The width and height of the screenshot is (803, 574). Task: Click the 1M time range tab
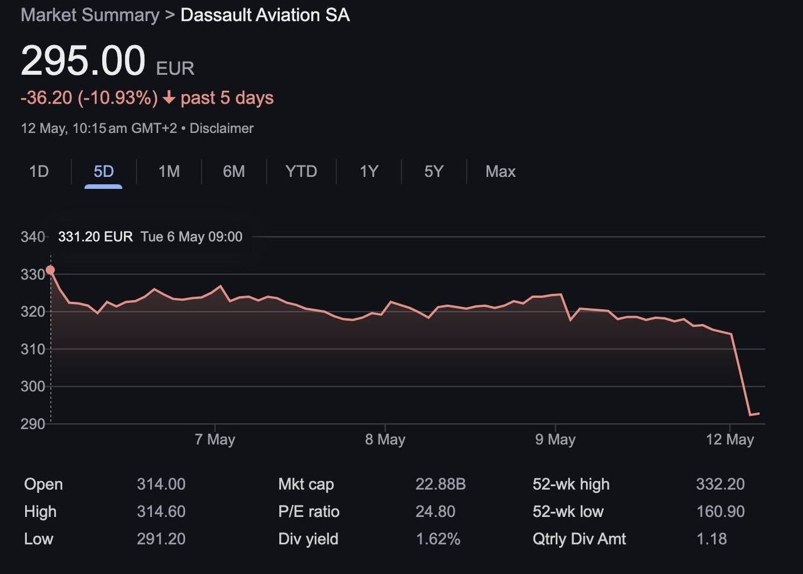tap(169, 171)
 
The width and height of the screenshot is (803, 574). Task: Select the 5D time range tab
tap(104, 171)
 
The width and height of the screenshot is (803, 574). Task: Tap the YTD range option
tap(301, 171)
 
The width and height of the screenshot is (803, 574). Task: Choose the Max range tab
tap(500, 171)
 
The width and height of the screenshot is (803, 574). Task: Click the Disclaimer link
tap(221, 128)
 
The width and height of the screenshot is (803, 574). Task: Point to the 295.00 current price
tap(83, 61)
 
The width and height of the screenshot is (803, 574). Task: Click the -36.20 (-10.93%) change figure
tap(89, 98)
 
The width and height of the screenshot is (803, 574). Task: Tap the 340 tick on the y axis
tap(33, 237)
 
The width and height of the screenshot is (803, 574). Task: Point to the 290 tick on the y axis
tap(33, 423)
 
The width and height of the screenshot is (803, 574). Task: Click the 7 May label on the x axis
tap(215, 439)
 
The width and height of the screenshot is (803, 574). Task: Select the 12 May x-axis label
tap(730, 439)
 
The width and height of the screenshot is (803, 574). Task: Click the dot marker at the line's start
tap(50, 270)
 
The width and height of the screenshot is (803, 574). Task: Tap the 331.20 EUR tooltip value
tap(95, 237)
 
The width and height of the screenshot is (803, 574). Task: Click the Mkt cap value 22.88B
tap(440, 484)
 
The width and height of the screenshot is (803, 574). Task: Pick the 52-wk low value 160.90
tap(720, 512)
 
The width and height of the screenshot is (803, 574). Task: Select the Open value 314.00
tap(161, 484)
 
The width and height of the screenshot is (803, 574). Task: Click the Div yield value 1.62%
tap(438, 539)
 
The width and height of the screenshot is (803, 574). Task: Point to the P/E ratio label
tap(309, 512)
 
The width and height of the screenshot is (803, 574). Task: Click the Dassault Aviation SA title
tap(265, 15)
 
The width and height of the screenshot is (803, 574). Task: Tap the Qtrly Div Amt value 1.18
tap(711, 539)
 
